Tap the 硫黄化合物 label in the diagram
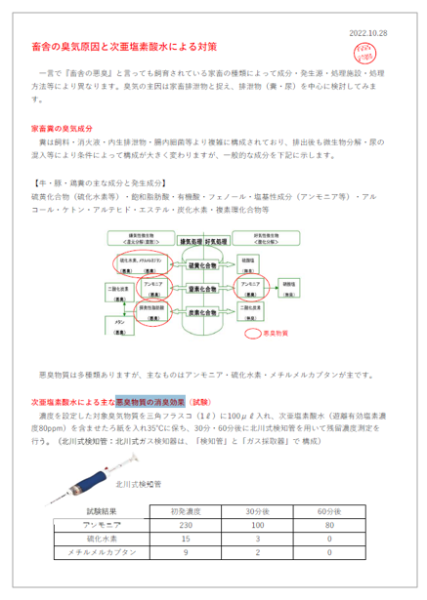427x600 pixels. (194, 265)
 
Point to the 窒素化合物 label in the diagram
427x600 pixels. (194, 290)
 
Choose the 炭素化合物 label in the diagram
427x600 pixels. (194, 313)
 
